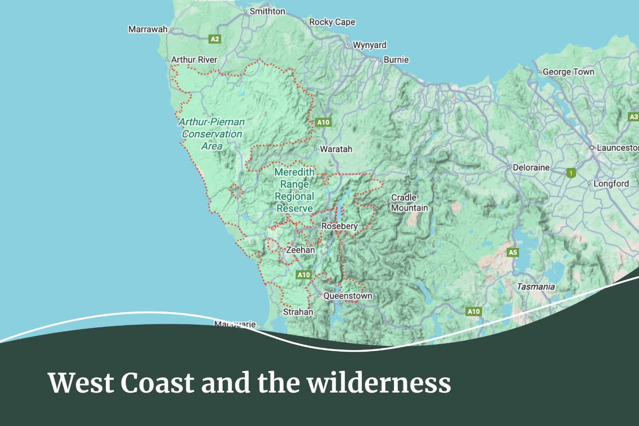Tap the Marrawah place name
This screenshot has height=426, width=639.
(148, 29)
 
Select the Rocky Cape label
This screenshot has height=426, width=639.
(332, 22)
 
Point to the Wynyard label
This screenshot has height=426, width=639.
(369, 45)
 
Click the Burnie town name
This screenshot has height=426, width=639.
(396, 59)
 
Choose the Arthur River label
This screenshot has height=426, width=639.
(194, 59)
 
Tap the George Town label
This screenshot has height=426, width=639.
(568, 71)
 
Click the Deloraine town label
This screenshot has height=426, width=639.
(531, 167)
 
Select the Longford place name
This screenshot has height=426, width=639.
(611, 184)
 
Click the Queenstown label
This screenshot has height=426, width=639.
(347, 296)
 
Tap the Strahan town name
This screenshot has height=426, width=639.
(298, 312)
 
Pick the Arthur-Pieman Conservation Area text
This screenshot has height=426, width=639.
(212, 134)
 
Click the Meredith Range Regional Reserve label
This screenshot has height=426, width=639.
(295, 190)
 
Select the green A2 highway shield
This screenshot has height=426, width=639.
(215, 39)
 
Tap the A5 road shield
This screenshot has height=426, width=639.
(513, 252)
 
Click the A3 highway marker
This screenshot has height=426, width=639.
(633, 116)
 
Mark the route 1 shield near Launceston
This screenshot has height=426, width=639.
(571, 173)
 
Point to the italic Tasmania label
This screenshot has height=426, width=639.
(536, 287)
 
